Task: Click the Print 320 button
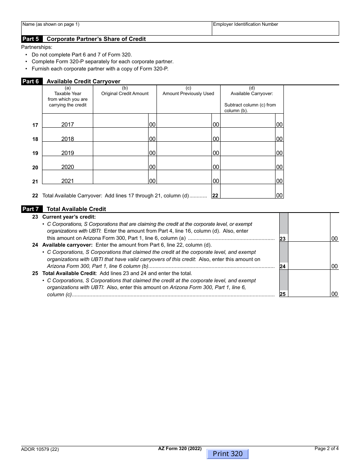coord(227,454)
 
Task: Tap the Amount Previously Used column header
coord(188,94)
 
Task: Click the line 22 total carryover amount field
coord(248,192)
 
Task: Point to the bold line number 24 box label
coord(283,267)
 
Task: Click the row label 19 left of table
coord(35,153)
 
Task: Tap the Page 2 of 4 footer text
coord(327,449)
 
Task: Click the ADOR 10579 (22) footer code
coord(40,450)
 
